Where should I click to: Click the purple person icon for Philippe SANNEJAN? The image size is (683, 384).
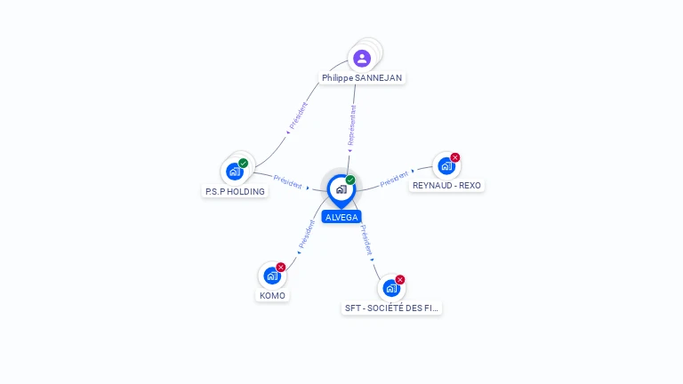362,59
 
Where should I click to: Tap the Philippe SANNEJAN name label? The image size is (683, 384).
362,78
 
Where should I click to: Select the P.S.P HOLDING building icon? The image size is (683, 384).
235,172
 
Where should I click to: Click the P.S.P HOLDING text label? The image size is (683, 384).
235,192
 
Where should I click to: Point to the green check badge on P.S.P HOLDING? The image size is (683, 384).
243,164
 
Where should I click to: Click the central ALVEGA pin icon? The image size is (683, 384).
341,191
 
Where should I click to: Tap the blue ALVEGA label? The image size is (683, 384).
341,217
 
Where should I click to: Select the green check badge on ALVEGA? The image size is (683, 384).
350,180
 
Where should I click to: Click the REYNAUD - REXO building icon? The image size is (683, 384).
446,166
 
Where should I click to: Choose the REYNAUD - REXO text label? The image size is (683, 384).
447,186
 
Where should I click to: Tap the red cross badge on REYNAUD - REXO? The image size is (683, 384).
455,157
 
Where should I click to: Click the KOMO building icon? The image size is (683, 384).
272,276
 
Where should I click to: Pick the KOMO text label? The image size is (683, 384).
273,296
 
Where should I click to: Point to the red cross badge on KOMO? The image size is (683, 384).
281,268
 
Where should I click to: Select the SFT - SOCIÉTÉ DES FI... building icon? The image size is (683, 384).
391,288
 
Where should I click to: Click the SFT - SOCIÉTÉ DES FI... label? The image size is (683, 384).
391,308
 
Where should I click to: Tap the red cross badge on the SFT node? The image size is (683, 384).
400,279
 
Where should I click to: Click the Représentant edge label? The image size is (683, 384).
352,125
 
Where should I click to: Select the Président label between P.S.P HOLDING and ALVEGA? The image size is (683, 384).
287,181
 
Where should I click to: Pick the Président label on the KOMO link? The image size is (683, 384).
306,235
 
